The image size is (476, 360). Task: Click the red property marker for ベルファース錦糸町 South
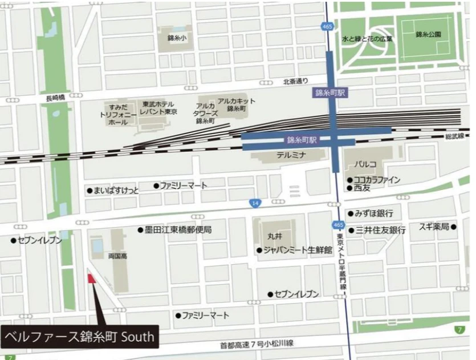tap(90, 279)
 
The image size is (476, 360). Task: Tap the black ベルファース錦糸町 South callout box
tap(79, 337)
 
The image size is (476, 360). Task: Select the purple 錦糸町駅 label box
tap(329, 92)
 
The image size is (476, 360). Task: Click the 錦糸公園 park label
tap(428, 35)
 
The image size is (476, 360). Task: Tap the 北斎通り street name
tap(295, 82)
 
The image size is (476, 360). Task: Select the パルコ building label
tap(365, 164)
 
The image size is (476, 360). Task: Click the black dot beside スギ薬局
tap(454, 226)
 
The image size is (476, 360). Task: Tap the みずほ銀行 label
tap(374, 213)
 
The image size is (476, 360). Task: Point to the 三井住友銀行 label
tap(380, 230)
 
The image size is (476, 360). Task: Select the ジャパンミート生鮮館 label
tap(298, 250)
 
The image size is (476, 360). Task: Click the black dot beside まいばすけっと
tap(89, 190)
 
